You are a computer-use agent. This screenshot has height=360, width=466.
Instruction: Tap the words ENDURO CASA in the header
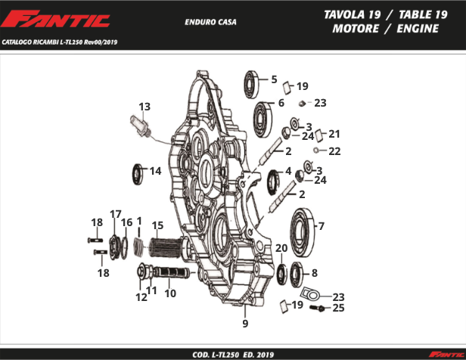[x=210, y=22]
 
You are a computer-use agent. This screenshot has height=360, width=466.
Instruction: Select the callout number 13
[x=144, y=106]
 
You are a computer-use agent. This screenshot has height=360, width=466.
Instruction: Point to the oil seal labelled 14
[x=138, y=173]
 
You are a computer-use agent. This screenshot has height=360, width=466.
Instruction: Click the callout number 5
[x=274, y=79]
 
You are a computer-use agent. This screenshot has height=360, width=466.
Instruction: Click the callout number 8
[x=314, y=272]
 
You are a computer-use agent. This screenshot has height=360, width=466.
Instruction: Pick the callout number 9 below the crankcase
[x=245, y=324]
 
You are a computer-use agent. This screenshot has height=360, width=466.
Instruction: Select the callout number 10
[x=170, y=293]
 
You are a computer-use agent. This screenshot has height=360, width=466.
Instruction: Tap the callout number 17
[x=116, y=214]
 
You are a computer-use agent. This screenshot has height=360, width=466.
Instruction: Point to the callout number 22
[x=334, y=151]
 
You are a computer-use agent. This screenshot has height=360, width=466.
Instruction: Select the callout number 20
[x=281, y=248]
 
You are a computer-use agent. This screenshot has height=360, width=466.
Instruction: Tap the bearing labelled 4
[x=275, y=183]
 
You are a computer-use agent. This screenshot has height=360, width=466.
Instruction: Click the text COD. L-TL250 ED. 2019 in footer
[x=233, y=354]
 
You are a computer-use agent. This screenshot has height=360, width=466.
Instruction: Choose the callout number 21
[x=334, y=134]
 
